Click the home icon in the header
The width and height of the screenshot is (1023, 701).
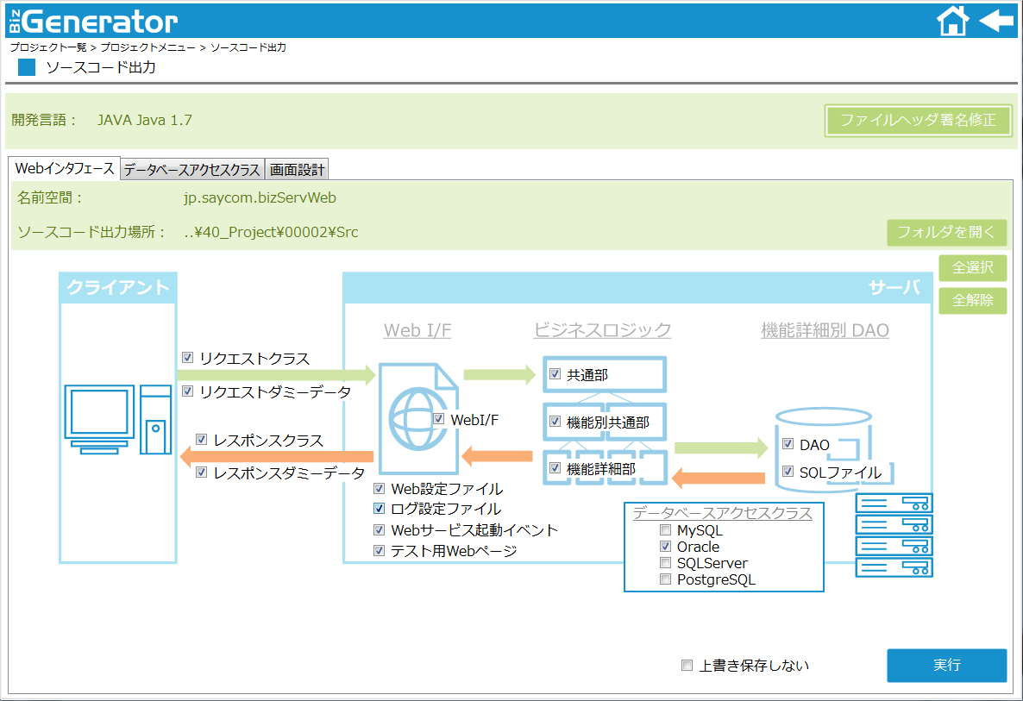pyautogui.click(x=952, y=20)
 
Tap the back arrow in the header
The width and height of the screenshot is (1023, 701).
pyautogui.click(x=997, y=20)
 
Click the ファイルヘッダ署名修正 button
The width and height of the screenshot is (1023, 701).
pyautogui.click(x=918, y=121)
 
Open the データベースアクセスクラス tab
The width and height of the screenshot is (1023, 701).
pyautogui.click(x=192, y=170)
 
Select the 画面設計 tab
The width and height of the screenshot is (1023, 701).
pyautogui.click(x=297, y=170)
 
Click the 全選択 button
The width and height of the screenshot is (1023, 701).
pyautogui.click(x=972, y=267)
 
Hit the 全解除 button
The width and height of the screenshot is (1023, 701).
pyautogui.click(x=972, y=301)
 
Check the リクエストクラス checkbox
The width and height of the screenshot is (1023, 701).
pyautogui.click(x=188, y=357)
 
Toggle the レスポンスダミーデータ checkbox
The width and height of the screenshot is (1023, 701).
pyautogui.click(x=202, y=473)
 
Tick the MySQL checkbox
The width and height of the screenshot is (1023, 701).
pyautogui.click(x=666, y=529)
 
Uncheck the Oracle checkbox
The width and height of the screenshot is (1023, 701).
pyautogui.click(x=666, y=546)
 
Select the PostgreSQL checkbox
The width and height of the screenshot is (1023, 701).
pyautogui.click(x=666, y=579)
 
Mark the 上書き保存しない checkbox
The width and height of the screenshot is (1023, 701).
pyautogui.click(x=687, y=665)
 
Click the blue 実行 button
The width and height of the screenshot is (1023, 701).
pyautogui.click(x=947, y=665)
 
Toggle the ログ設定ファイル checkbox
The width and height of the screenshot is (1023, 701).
pyautogui.click(x=379, y=508)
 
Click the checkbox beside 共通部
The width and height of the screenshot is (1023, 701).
pyautogui.click(x=555, y=373)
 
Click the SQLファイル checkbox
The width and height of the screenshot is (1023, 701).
pyautogui.click(x=788, y=471)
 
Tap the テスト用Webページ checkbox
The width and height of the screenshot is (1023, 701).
pyautogui.click(x=379, y=550)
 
